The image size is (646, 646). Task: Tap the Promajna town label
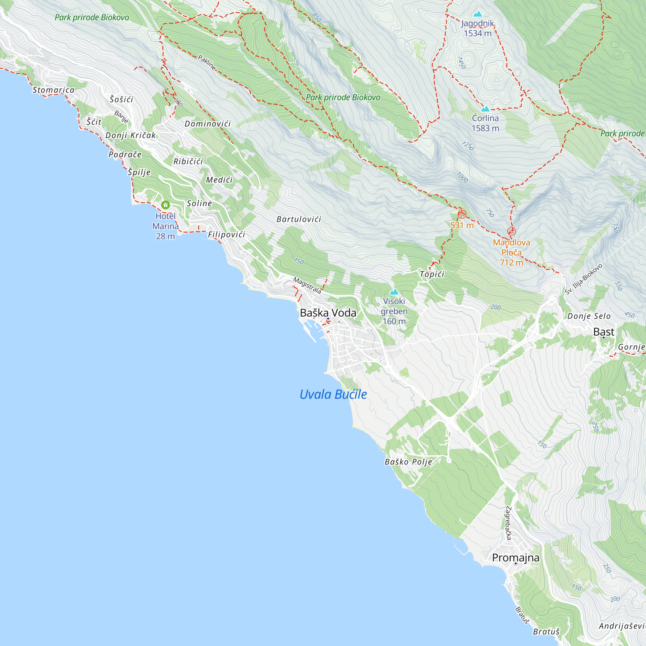pos(516,558)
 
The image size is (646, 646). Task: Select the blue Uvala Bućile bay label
pos(333,395)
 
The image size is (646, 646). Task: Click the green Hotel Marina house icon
pos(165,205)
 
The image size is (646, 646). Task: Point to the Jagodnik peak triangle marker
pos(478,14)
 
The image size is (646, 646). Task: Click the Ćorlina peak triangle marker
pos(485,109)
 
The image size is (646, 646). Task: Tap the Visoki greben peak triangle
pos(394,292)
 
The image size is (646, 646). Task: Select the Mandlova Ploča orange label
pos(511,253)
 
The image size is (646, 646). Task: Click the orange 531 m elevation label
pos(462,225)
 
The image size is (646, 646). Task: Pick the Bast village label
pos(604,332)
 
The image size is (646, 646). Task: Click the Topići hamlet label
pos(432,274)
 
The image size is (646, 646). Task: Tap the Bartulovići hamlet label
pos(298,219)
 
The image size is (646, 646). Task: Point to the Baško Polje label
pos(408,462)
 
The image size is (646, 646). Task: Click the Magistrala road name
pos(307,285)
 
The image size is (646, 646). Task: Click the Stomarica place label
pos(54,90)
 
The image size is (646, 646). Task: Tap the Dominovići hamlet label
pos(208,124)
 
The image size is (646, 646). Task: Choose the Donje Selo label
pos(589,316)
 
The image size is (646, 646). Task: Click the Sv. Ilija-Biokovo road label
pos(583,279)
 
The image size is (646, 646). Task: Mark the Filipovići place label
pos(226,235)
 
